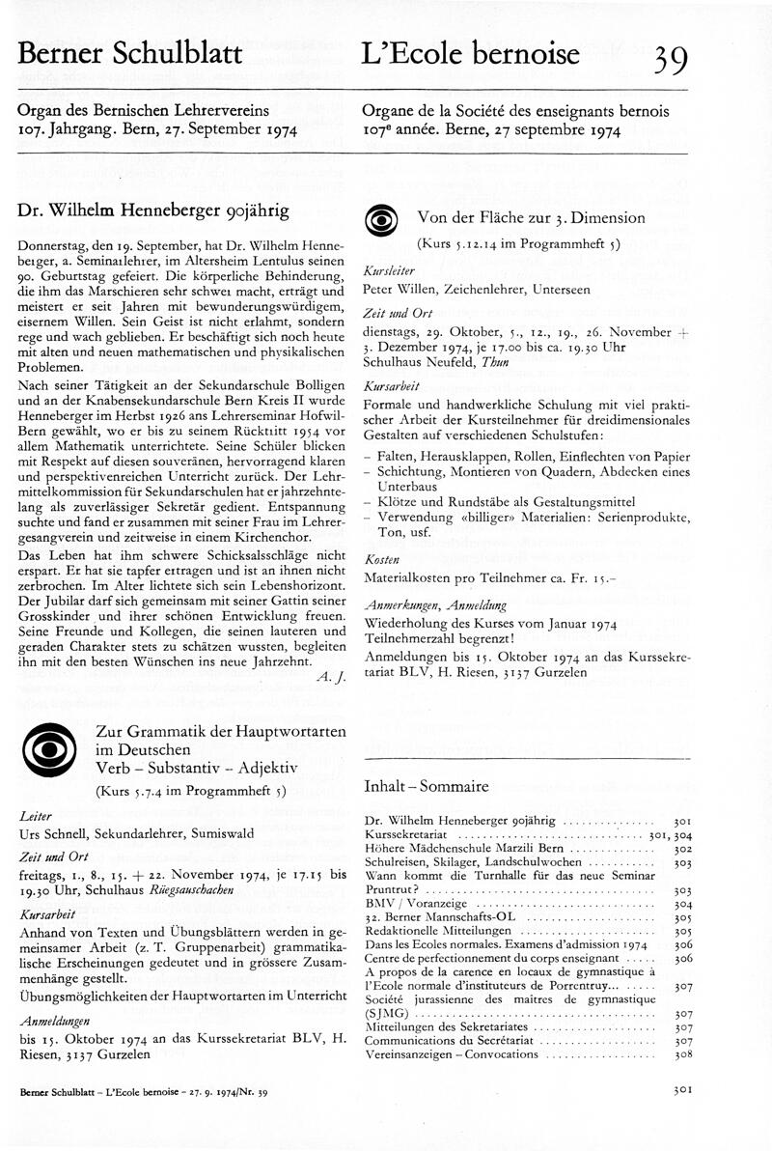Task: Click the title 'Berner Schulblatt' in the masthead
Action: (x=129, y=54)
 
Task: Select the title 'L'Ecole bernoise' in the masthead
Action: (x=471, y=54)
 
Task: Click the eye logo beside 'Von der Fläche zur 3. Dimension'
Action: (x=382, y=222)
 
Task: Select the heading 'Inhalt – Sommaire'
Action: (x=426, y=787)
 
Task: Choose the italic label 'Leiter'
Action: (x=35, y=816)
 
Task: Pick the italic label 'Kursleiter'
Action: (x=386, y=272)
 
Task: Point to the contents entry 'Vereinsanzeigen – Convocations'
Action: (x=451, y=1054)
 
